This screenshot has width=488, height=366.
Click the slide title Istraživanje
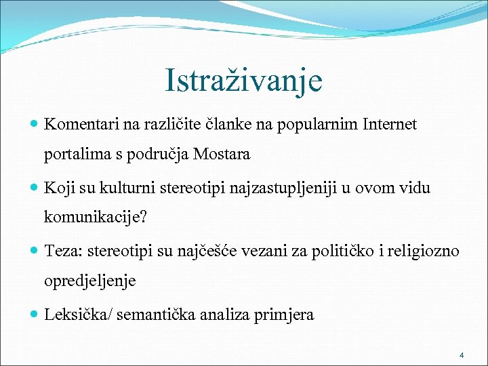[x=243, y=81]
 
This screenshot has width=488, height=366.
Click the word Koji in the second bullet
[x=58, y=187]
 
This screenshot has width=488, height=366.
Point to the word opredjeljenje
[x=90, y=281]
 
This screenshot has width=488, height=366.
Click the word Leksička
[x=76, y=314]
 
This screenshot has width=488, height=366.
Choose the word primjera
[x=287, y=314]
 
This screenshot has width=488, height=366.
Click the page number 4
[x=461, y=355]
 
